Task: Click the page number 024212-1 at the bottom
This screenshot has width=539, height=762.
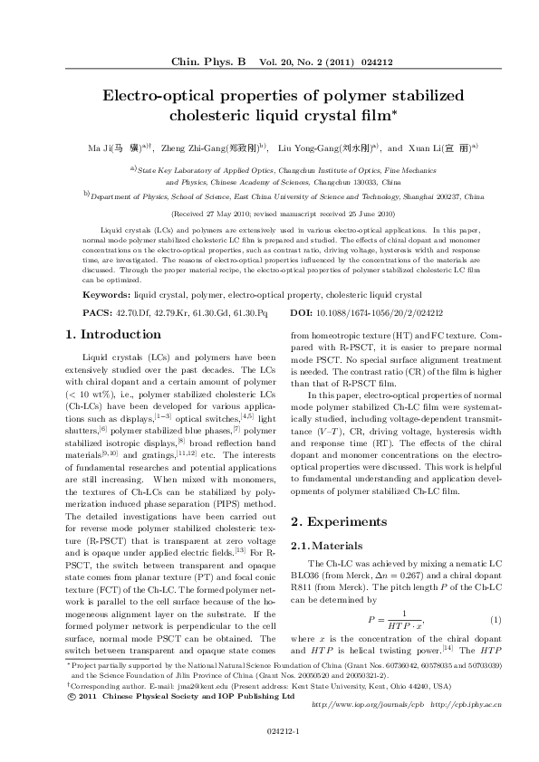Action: (269, 730)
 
